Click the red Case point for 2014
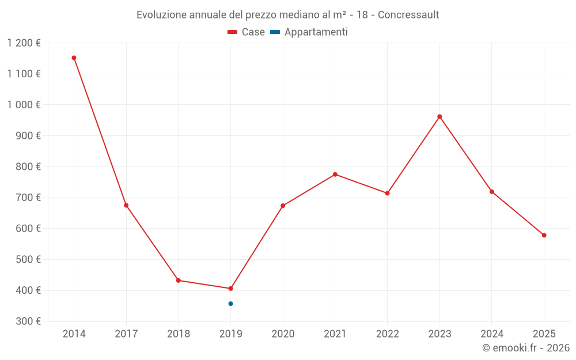74,58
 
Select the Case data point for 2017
126,205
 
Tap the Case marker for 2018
179,281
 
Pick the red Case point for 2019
230,289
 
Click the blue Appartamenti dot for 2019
230,304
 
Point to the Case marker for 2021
335,175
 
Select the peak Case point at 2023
439,116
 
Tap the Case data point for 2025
544,235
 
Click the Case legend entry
246,32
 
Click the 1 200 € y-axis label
24,43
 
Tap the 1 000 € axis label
24,105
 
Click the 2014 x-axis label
74,334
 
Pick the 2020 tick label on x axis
283,334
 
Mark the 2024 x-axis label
492,334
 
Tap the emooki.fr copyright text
526,348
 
